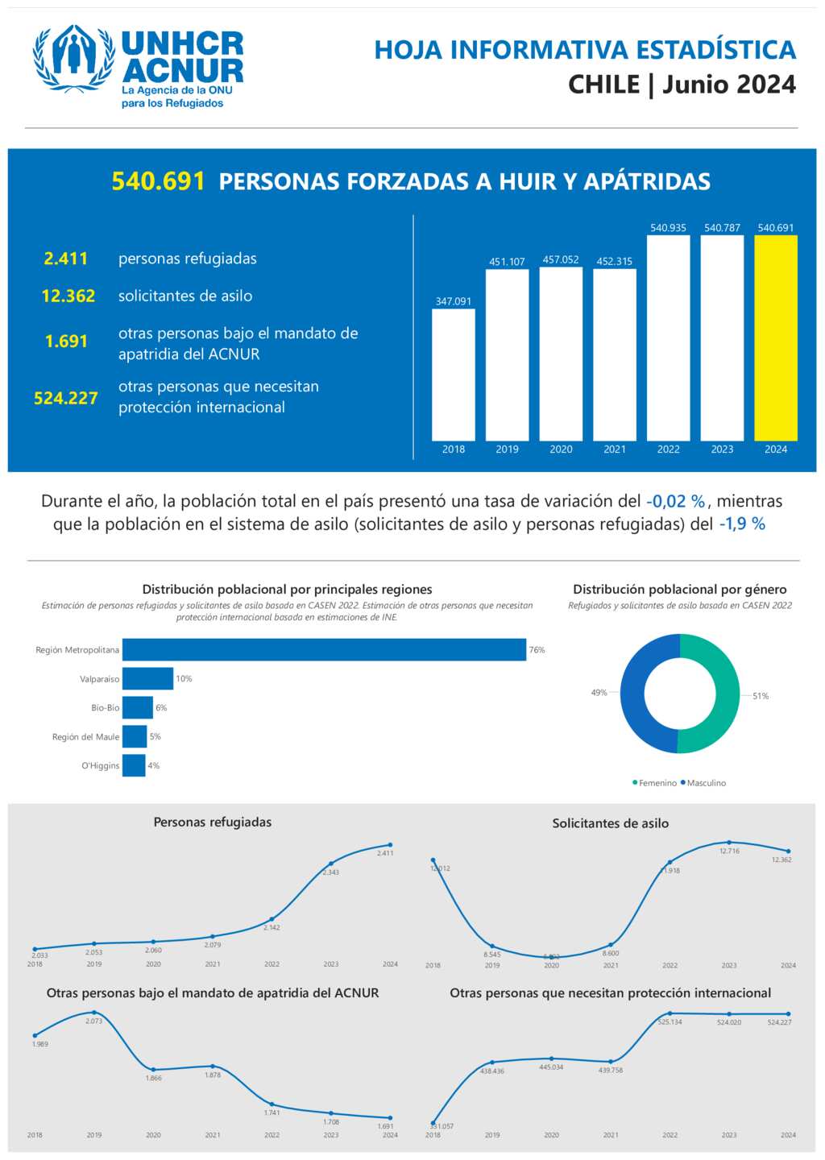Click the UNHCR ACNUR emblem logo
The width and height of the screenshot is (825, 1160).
pos(73,58)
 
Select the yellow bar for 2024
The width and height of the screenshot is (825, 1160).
pos(776,338)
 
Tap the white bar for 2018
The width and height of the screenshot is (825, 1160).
pos(454,375)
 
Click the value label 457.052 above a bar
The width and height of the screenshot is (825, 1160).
pos(561,259)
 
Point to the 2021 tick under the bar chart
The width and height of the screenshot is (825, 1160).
pos(615,449)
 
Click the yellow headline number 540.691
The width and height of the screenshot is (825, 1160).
pos(158,181)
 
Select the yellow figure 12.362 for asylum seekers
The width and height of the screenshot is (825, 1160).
pos(68,296)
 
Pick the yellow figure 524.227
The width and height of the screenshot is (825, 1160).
pos(66,398)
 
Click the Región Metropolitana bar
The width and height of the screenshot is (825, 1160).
pos(324,650)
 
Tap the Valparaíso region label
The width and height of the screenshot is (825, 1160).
pos(99,679)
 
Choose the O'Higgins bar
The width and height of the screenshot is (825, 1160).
pos(134,765)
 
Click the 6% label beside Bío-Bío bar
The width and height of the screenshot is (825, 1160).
pos(161,708)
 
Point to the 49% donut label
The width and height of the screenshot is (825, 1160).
pos(599,693)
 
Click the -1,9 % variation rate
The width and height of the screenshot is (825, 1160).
pos(742,524)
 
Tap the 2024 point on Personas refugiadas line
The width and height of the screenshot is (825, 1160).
pos(391,845)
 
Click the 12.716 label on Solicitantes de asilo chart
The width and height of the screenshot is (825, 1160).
pos(729,851)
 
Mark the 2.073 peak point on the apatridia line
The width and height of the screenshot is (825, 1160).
pos(94,1013)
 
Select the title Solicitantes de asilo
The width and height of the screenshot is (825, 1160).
pos(610,823)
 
